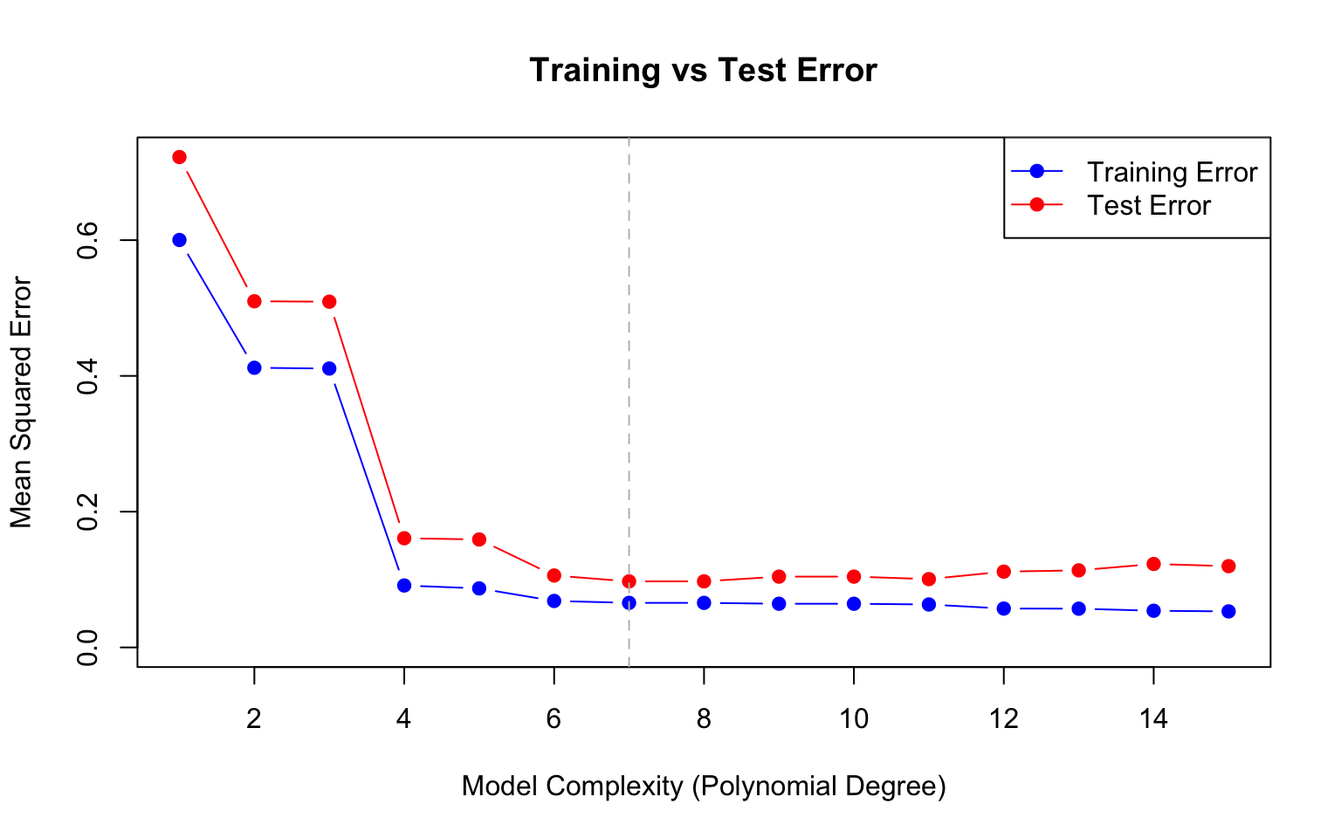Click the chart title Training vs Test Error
pos(703,70)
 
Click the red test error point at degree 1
pos(179,157)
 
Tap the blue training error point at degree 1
pos(179,240)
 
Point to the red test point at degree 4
pos(404,538)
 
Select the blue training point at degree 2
pos(254,367)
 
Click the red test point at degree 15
pos(1228,566)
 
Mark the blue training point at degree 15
pos(1228,611)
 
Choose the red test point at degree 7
pos(629,581)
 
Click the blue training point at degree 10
pos(854,603)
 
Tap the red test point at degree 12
pos(1004,572)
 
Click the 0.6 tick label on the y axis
pos(87,240)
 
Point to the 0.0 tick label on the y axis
pos(87,647)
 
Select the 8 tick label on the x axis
pos(704,719)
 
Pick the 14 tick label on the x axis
pos(1153,719)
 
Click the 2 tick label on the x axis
pos(254,719)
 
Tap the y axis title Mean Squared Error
pos(21,402)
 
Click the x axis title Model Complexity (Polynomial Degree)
pos(704,786)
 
